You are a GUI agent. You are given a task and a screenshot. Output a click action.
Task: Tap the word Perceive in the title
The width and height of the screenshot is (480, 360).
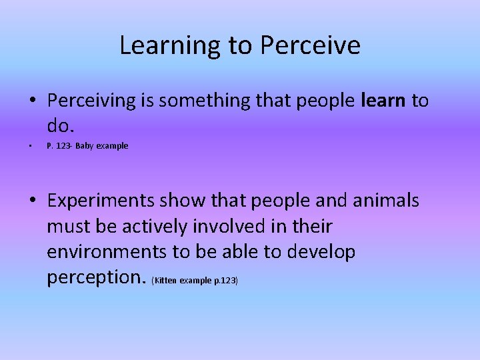click(311, 46)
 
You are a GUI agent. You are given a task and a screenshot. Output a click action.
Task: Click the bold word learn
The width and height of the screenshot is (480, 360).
click(383, 101)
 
